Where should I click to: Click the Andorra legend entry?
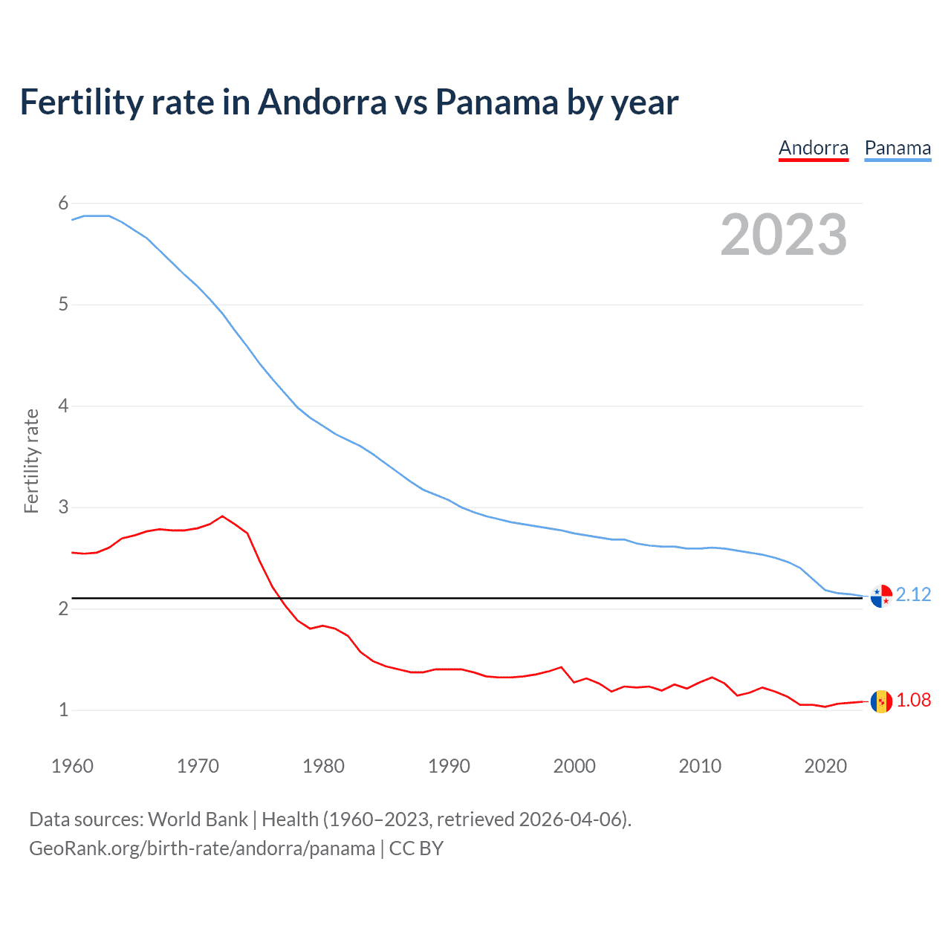813,148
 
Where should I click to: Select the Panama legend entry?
898,148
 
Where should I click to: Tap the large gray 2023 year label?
784,235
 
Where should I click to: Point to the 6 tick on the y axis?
63,203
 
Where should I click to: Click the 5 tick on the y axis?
63,305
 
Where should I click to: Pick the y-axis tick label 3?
63,507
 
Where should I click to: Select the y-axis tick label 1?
63,710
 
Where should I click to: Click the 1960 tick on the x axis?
72,766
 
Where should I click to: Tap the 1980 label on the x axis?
323,766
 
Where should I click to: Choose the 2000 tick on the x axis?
574,766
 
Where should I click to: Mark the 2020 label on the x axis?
825,766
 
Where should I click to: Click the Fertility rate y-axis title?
31,461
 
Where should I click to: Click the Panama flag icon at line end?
881,596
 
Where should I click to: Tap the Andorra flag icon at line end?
881,701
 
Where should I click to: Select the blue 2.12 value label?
913,594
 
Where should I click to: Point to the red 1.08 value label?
913,700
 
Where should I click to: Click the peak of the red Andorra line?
222,516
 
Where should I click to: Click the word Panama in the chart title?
496,102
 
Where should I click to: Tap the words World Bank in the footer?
198,819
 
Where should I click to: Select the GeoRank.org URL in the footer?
202,848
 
